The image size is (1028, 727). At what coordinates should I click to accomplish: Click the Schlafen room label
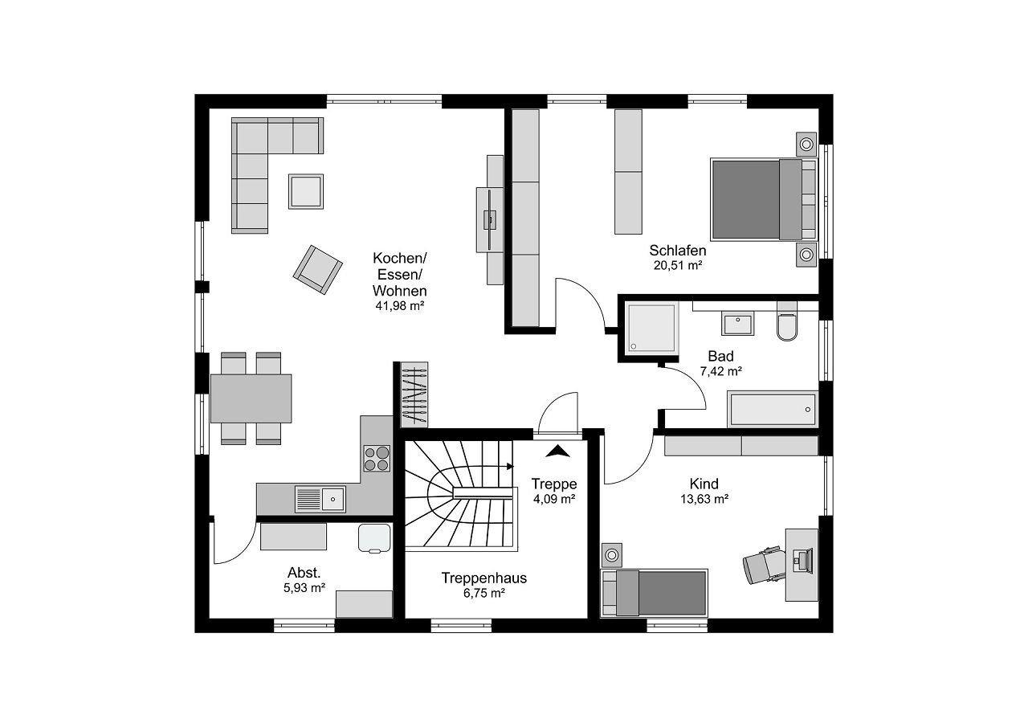click(x=677, y=251)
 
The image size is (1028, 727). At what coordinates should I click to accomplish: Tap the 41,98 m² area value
click(x=399, y=306)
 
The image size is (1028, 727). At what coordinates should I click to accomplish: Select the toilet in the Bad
click(x=787, y=321)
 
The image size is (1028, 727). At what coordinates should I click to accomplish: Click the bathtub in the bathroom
click(x=773, y=408)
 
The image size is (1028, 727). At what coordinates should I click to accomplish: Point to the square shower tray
click(x=651, y=328)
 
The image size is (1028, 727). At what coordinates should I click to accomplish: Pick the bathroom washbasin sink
click(x=738, y=324)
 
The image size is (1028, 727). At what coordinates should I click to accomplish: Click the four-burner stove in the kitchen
click(x=377, y=459)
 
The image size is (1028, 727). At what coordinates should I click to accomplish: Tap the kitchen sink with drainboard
click(x=320, y=500)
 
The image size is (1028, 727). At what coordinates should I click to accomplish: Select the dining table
click(x=251, y=398)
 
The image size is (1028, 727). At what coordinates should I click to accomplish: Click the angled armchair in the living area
click(x=317, y=270)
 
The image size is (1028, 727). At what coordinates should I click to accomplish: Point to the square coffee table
click(x=306, y=191)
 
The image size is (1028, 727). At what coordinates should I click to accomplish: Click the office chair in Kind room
click(x=762, y=565)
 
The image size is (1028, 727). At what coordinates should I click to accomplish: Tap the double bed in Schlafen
click(x=764, y=200)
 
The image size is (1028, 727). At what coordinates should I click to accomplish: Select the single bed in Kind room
click(x=654, y=593)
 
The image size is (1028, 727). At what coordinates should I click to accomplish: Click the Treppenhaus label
click(x=483, y=578)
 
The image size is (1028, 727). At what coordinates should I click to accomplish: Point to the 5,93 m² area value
click(x=304, y=588)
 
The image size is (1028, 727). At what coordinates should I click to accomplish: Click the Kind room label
click(x=704, y=484)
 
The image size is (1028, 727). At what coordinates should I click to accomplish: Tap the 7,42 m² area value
click(x=721, y=371)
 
